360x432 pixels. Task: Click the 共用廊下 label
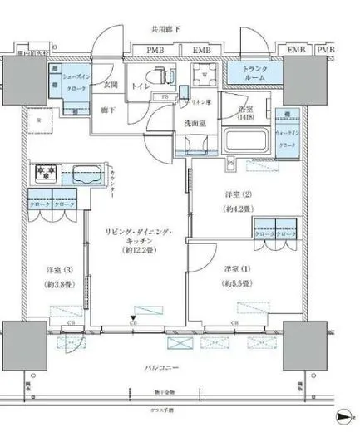[x=166, y=29]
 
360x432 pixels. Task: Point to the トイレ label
[x=140, y=85]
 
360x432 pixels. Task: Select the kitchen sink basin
[x=86, y=176]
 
